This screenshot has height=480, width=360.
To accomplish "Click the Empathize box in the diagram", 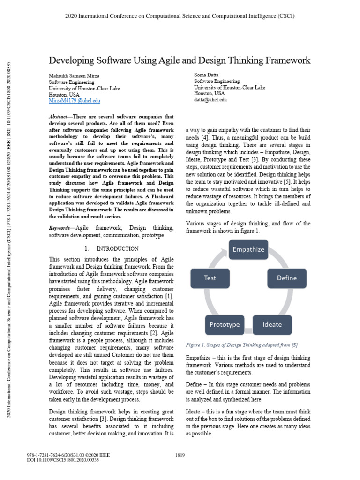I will click(x=248, y=250).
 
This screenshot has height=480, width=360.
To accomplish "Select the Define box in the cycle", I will click(x=286, y=278).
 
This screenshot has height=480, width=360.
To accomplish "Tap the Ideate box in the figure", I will click(x=272, y=324).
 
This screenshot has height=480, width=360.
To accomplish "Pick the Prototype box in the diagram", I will click(x=225, y=324).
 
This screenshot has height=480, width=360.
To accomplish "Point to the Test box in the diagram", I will click(x=210, y=278).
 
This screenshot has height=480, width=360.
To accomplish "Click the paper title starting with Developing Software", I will click(x=180, y=60).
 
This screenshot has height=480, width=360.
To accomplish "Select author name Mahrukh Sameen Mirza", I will click(x=74, y=76).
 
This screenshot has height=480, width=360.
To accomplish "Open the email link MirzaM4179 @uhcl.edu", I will click(x=75, y=101).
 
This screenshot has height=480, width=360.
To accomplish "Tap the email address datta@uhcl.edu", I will click(x=210, y=99).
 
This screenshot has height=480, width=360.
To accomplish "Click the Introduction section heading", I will click(x=112, y=248).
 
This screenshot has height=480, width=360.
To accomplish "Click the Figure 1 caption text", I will click(x=241, y=345).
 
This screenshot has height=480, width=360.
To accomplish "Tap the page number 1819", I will click(x=180, y=455).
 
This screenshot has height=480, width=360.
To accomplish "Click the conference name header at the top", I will click(x=180, y=16).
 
